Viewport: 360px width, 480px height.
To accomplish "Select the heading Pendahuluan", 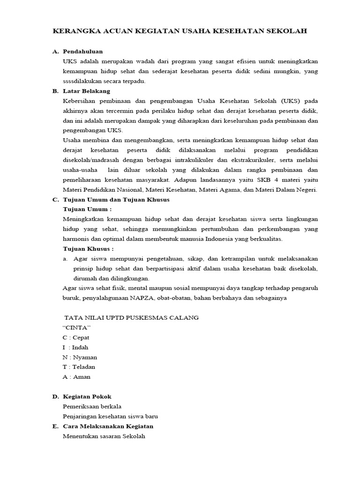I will (x=83, y=51).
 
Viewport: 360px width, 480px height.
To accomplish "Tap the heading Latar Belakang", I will (x=86, y=91).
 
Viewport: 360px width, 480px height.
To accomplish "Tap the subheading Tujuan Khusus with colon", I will (x=88, y=248).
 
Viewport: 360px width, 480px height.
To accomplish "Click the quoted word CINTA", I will (x=76, y=327).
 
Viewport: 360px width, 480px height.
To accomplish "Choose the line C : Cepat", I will (x=76, y=337).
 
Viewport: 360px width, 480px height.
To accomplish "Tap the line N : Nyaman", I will (x=80, y=357).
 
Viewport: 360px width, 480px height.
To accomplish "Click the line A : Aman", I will (x=76, y=376).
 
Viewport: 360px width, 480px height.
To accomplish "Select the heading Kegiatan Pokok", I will (x=87, y=397).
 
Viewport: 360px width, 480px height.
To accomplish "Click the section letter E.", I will (x=55, y=426).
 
